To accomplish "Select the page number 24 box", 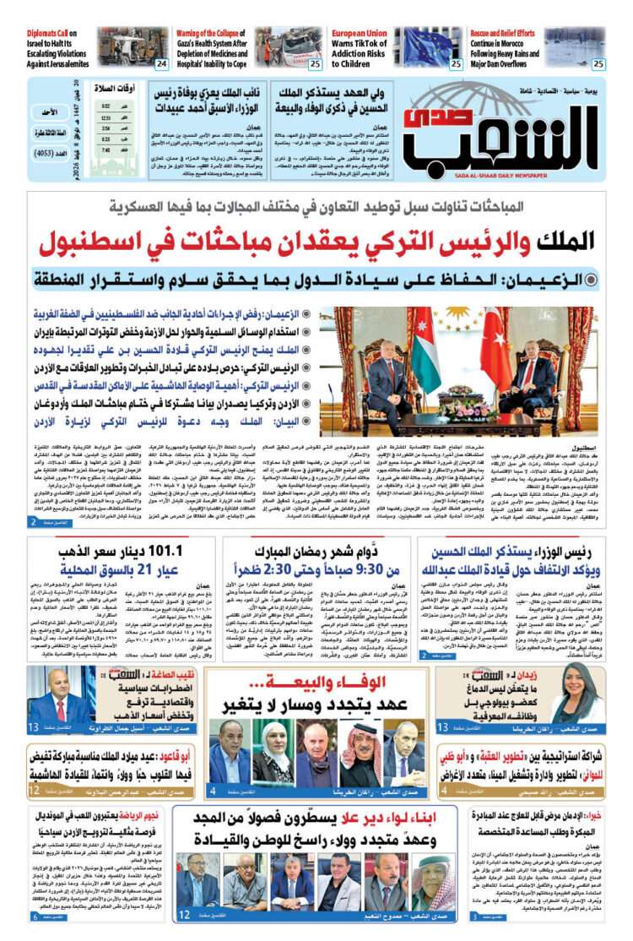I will (x=160, y=64).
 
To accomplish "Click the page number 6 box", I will (x=36, y=917).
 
